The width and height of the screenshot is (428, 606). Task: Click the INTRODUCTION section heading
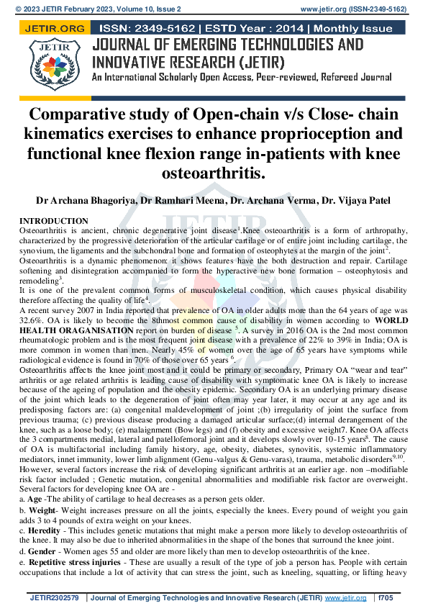[x=53, y=221]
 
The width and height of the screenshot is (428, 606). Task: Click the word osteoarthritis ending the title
[x=213, y=175]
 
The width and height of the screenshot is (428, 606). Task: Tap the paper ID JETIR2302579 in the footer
[x=55, y=597]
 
